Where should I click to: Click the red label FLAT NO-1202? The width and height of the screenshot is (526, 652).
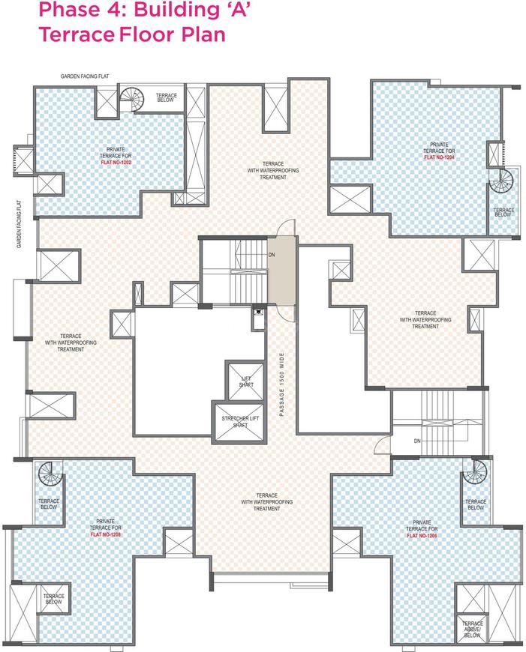116,162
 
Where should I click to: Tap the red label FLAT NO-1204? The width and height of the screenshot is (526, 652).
440,157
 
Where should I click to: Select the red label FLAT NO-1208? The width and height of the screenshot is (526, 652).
106,534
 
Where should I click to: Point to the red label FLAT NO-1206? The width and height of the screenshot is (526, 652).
422,535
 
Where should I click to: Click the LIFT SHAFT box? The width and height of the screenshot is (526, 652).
245,381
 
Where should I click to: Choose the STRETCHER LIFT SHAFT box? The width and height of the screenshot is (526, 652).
240,422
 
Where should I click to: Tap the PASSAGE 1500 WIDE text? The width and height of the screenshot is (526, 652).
282,384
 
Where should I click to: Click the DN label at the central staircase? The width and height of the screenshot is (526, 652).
272,255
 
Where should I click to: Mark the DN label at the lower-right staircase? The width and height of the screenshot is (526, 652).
417,441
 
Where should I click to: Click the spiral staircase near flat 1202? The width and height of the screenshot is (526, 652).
132,100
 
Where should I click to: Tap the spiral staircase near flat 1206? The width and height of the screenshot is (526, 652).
475,472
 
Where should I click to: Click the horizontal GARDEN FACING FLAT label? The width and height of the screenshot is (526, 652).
85,76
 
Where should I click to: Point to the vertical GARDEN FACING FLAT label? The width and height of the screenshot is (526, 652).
19,224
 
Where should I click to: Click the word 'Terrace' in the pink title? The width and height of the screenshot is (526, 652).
77,34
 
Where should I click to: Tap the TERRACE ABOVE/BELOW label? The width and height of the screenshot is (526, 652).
472,629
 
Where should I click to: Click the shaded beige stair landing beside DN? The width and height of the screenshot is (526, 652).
281,271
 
